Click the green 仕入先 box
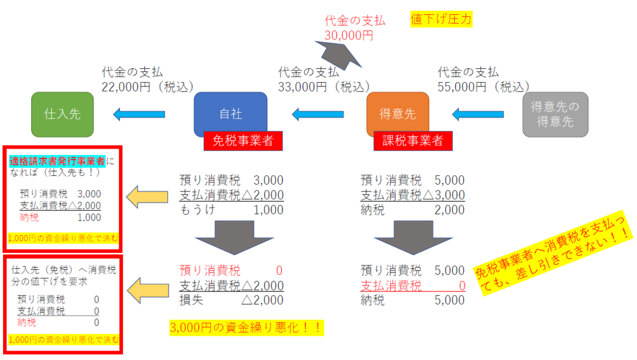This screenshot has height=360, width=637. point(62,114)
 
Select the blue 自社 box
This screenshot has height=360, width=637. point(230,114)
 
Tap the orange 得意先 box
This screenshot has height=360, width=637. point(398,114)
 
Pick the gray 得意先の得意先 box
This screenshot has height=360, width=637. point(555,114)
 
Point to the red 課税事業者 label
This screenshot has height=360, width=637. point(412,141)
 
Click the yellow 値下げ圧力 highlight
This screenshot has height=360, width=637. point(441,19)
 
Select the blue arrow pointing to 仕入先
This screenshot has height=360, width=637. point(138,114)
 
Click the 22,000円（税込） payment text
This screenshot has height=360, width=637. point(148,86)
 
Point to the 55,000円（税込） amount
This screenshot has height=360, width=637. point(483,86)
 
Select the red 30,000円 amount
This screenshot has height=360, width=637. point(349,35)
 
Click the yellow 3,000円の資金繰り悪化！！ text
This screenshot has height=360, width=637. point(247,328)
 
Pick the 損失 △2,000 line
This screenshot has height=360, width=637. point(231,300)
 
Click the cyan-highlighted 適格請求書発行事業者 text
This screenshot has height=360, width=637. point(57,161)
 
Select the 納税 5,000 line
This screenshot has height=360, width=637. point(412,300)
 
